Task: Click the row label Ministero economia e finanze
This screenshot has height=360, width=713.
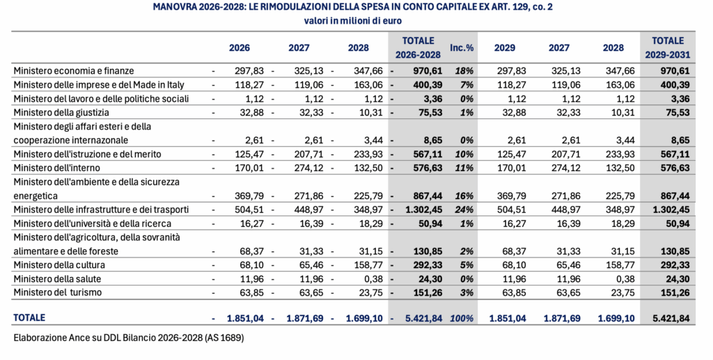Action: [73, 70]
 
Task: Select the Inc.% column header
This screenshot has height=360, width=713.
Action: [462, 48]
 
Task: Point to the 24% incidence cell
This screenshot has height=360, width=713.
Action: [464, 209]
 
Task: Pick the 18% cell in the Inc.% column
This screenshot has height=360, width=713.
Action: [464, 70]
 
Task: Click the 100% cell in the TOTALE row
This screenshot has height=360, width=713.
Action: [462, 318]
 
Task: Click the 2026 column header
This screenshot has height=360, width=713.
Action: [239, 48]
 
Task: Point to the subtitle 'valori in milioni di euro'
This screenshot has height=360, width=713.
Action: [356, 21]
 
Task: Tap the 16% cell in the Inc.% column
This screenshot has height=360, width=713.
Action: [464, 196]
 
